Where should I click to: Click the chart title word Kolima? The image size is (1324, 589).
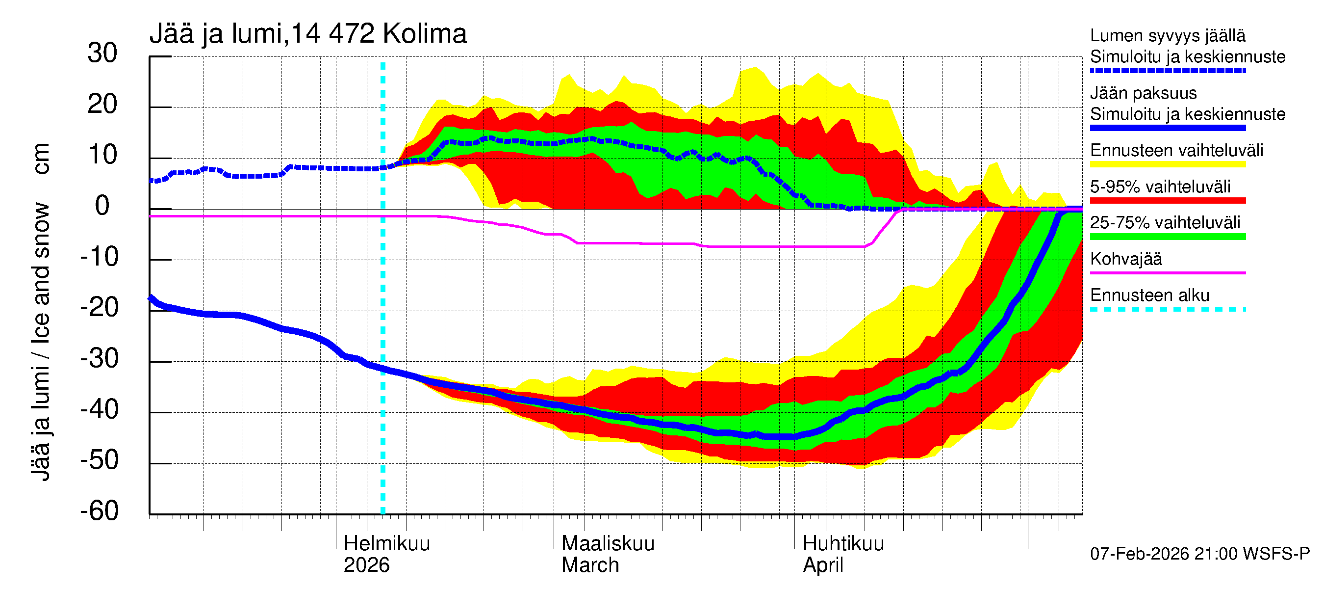pyautogui.click(x=424, y=34)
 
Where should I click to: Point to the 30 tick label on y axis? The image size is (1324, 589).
pyautogui.click(x=102, y=53)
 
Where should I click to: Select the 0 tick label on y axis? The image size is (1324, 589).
pyautogui.click(x=102, y=206)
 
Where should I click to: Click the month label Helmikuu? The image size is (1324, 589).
pyautogui.click(x=386, y=543)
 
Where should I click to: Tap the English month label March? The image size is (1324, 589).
pyautogui.click(x=590, y=565)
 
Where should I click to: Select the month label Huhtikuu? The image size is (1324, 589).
pyautogui.click(x=843, y=543)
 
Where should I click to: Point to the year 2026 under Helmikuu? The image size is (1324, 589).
pyautogui.click(x=366, y=565)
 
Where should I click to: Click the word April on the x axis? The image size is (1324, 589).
pyautogui.click(x=823, y=565)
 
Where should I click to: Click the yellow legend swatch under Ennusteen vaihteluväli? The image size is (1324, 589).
pyautogui.click(x=1167, y=164)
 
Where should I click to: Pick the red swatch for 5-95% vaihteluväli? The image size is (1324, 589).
pyautogui.click(x=1167, y=201)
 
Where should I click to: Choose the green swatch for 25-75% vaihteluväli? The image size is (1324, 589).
pyautogui.click(x=1167, y=237)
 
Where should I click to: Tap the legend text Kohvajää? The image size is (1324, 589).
pyautogui.click(x=1125, y=259)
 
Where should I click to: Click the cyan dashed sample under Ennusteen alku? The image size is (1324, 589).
pyautogui.click(x=1167, y=309)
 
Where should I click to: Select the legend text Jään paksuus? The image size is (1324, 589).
pyautogui.click(x=1143, y=93)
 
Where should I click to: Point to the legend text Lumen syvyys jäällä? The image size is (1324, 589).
pyautogui.click(x=1167, y=35)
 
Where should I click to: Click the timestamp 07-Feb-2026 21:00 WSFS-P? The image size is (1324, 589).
pyautogui.click(x=1199, y=554)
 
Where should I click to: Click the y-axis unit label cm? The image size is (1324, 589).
pyautogui.click(x=41, y=159)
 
